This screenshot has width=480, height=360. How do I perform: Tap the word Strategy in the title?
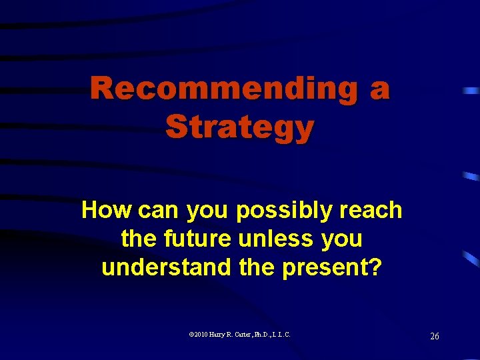click(x=239, y=126)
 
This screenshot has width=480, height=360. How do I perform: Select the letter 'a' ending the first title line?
click(x=379, y=90)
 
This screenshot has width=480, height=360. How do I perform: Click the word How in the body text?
click(x=107, y=211)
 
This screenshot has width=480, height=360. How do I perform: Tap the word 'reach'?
click(x=371, y=211)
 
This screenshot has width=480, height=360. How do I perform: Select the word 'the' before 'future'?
click(x=137, y=239)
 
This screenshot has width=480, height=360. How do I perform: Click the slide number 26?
click(x=434, y=337)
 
